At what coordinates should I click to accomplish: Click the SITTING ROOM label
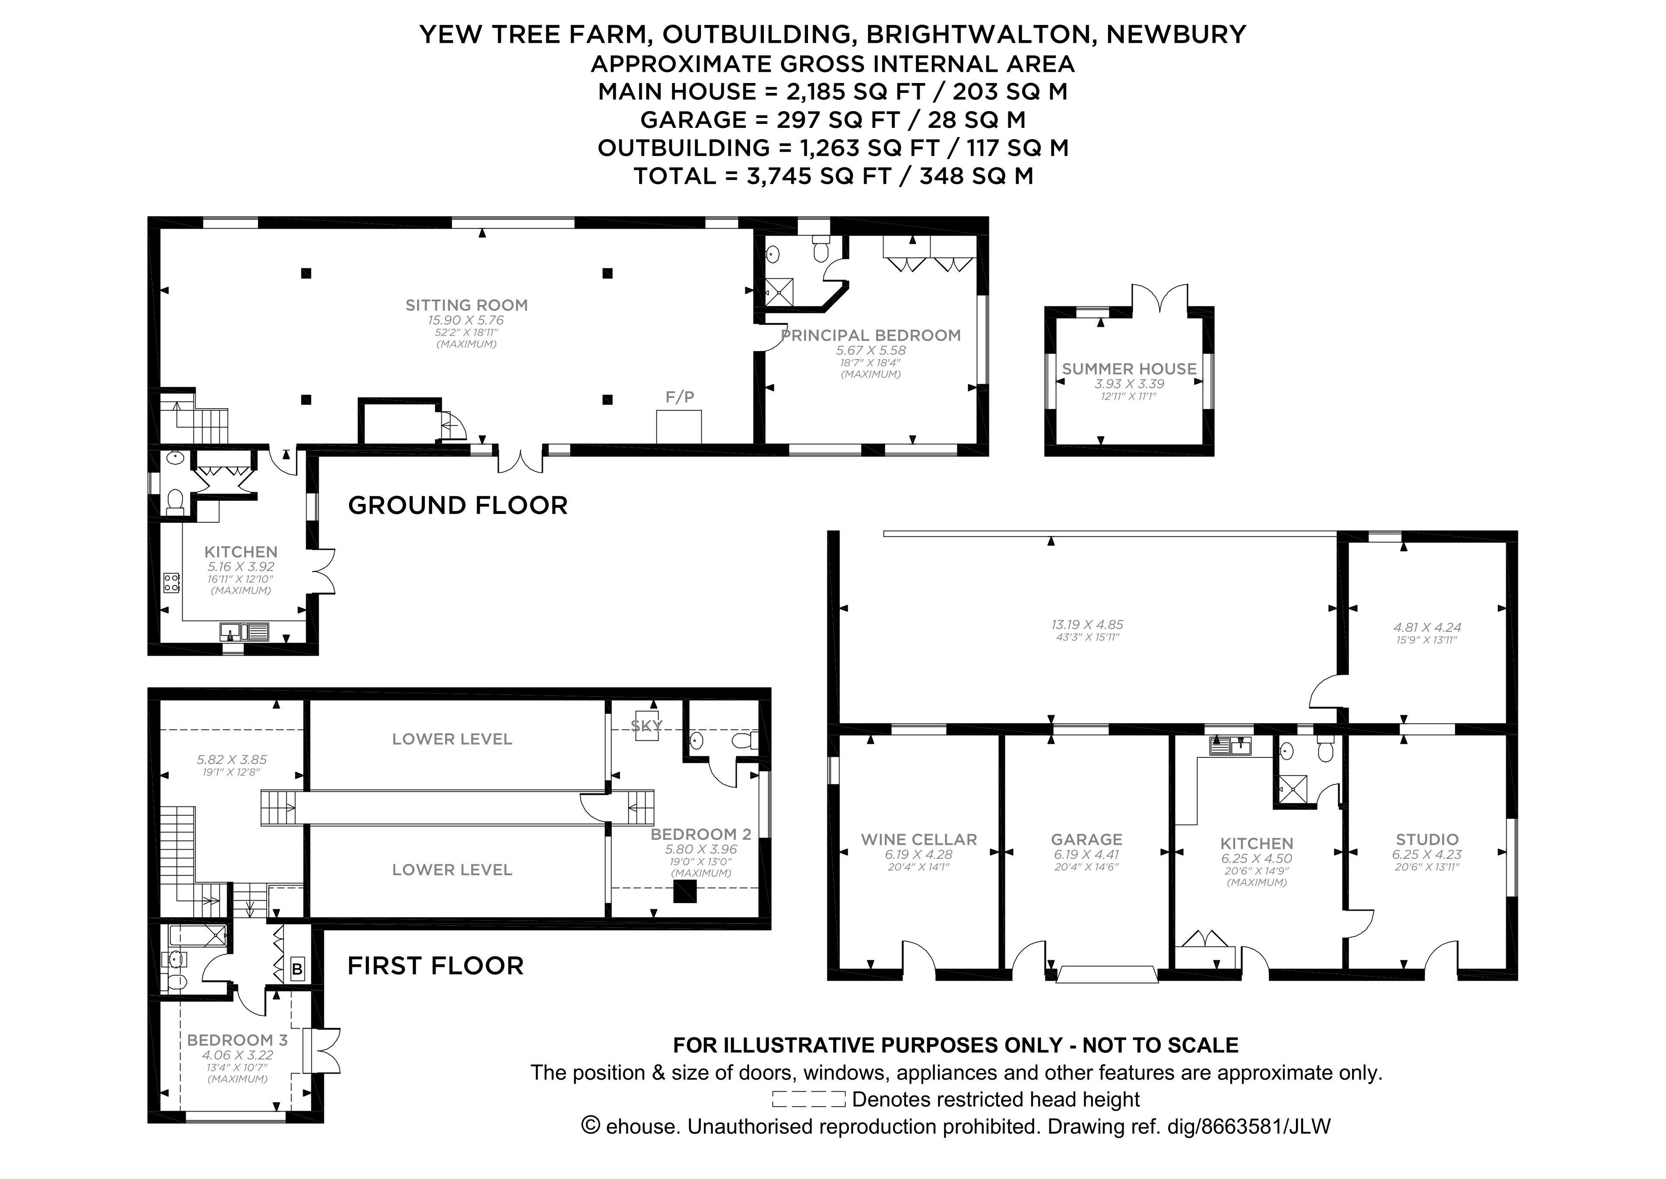tap(466, 305)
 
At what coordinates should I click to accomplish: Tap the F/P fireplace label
tap(679, 396)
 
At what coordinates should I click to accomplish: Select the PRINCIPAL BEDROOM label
tap(870, 335)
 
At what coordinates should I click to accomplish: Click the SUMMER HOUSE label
tap(1129, 369)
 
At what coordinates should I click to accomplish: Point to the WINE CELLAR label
tap(918, 839)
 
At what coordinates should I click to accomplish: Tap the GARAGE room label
tap(1086, 839)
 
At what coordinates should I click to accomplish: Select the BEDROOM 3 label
tap(237, 1039)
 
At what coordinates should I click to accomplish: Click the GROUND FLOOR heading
tap(457, 505)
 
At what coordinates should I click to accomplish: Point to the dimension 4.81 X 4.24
tap(1426, 627)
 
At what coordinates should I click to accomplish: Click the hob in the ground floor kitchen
tap(172, 582)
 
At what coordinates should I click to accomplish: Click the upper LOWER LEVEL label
tap(452, 739)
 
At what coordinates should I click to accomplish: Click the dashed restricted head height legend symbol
tap(808, 1099)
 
